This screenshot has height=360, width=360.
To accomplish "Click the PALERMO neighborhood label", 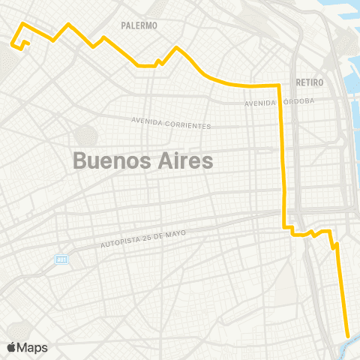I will point(139,25).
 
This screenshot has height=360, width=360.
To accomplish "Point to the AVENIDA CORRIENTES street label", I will point(171,122).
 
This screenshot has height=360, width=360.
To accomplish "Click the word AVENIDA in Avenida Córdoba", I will point(260,103).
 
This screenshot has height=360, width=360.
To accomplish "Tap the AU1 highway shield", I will point(61,259).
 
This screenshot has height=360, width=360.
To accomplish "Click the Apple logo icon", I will point(13,347).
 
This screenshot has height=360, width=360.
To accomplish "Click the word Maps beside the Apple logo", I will point(34,347).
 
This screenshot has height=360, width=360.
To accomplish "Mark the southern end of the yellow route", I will point(347,336).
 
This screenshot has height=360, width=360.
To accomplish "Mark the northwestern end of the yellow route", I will point(13,43).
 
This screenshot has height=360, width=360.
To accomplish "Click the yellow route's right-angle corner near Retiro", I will point(279,85).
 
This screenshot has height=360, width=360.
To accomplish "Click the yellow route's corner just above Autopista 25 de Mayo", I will point(283,226).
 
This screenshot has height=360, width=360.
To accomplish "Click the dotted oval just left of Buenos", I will point(85,136).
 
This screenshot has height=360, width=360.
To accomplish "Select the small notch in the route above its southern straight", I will point(334,244).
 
